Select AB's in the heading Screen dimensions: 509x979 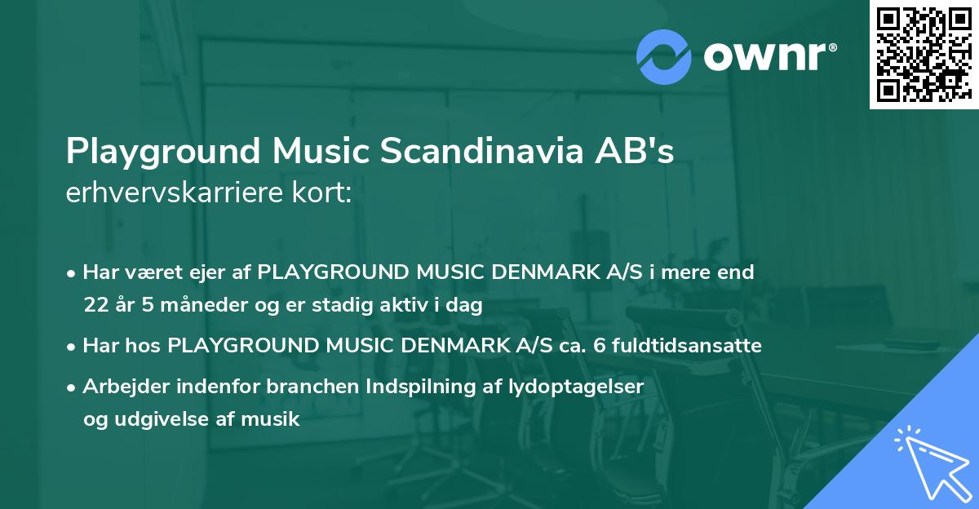[x=639, y=153]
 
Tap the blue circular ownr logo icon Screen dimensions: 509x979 [x=664, y=55]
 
